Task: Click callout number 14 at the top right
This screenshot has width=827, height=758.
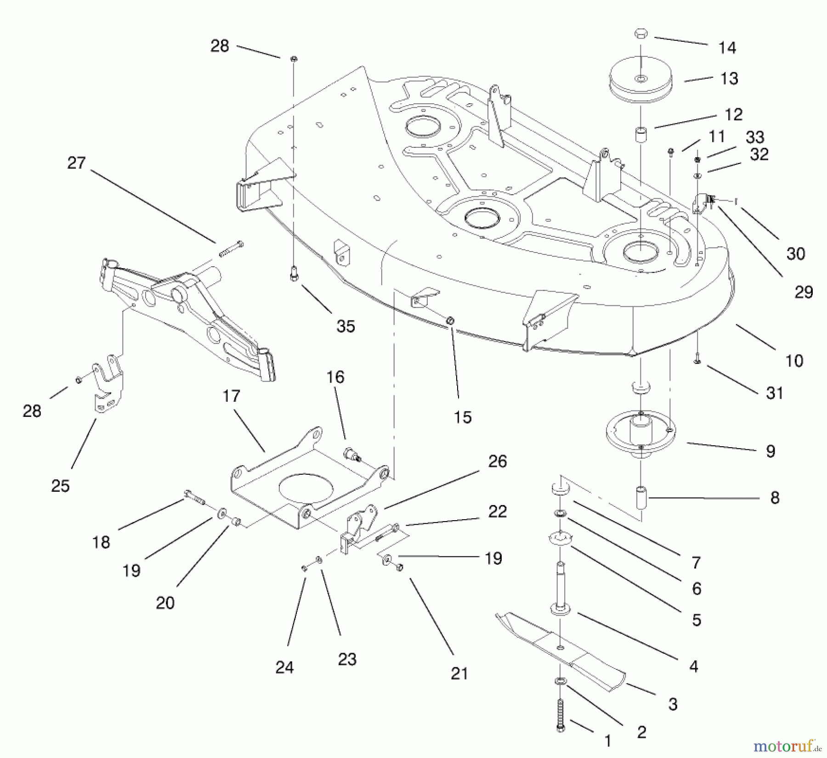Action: pyautogui.click(x=727, y=48)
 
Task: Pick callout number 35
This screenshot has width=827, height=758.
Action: pyautogui.click(x=346, y=326)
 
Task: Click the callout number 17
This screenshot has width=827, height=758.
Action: pyautogui.click(x=231, y=396)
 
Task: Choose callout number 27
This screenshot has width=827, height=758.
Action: pyautogui.click(x=76, y=163)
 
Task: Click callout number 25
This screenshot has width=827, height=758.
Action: pyautogui.click(x=60, y=486)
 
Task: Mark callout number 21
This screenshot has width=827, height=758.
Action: pyautogui.click(x=459, y=674)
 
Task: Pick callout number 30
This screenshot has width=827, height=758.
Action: pyautogui.click(x=796, y=254)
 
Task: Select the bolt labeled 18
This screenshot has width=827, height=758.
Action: pyautogui.click(x=195, y=497)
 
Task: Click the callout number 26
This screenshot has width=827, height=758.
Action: pyautogui.click(x=498, y=461)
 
